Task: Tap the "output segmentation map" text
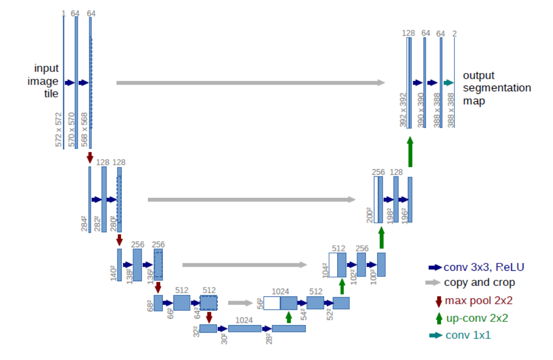496,88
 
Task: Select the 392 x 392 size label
403,110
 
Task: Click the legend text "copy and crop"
479,283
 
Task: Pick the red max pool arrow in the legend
439,301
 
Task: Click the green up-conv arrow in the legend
439,317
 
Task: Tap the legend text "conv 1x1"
468,335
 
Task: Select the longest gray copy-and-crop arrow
250,82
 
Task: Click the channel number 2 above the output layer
455,33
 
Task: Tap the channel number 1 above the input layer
63,13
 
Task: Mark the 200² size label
369,214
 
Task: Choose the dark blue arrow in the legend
434,267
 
